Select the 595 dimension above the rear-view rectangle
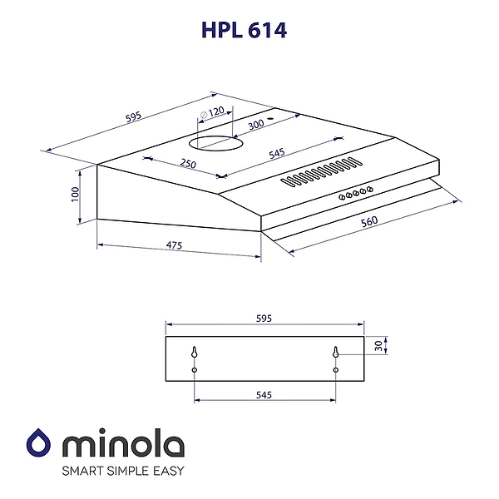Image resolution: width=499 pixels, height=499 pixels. click(x=264, y=319)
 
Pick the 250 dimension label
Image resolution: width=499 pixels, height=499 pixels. click(x=188, y=164)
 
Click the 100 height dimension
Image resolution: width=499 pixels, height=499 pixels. click(x=75, y=194)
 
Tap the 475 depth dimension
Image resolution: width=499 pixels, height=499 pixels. click(x=174, y=245)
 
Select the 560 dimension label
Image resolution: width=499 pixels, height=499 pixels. click(x=369, y=222)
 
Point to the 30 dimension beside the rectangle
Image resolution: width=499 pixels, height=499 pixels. click(x=378, y=345)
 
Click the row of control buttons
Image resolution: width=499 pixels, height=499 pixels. click(x=355, y=193)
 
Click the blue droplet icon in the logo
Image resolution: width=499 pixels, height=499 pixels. click(x=38, y=445)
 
